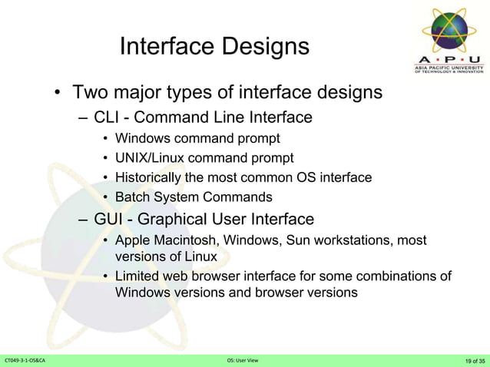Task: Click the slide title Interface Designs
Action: tap(214, 47)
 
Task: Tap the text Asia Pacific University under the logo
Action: tap(449, 67)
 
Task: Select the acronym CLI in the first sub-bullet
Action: tap(107, 118)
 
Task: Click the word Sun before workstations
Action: tap(300, 241)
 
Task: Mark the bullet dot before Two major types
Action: tap(58, 95)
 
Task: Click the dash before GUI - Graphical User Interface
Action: tap(83, 220)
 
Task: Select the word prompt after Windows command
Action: tap(260, 139)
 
